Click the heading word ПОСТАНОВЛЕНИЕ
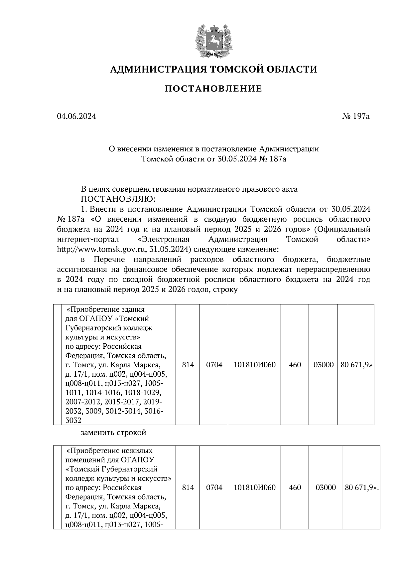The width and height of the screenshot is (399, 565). tap(213, 89)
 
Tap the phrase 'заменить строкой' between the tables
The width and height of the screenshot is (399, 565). tap(113, 433)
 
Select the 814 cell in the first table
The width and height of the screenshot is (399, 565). tap(188, 365)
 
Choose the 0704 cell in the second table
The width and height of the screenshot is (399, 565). tap(214, 487)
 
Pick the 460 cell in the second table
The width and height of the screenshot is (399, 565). tap(295, 487)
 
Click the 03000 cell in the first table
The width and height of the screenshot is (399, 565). tap(323, 365)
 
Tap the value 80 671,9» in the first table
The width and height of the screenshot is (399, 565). tap(356, 365)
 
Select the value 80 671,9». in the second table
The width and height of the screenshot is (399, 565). tap(362, 487)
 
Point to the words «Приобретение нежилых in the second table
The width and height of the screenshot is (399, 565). tap(109, 451)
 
